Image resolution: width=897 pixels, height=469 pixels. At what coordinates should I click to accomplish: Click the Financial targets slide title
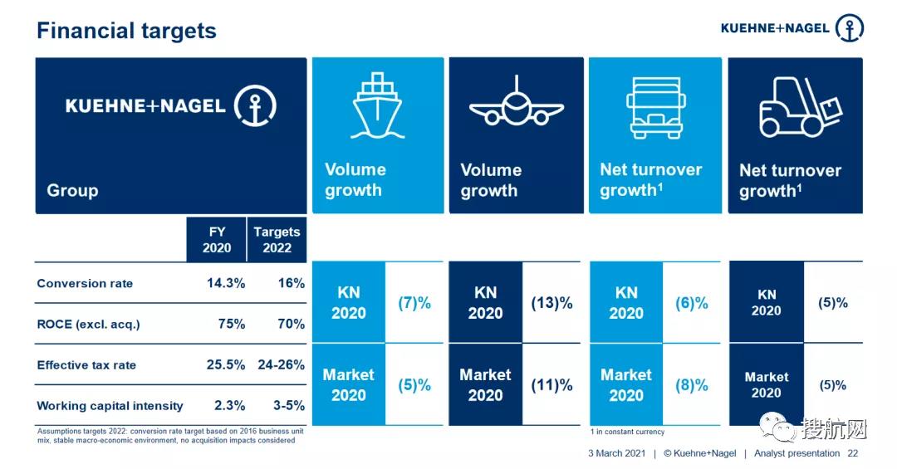click(x=126, y=32)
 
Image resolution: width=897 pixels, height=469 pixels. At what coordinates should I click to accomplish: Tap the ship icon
click(x=377, y=105)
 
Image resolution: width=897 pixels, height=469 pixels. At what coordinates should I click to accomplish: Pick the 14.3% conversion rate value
click(x=226, y=283)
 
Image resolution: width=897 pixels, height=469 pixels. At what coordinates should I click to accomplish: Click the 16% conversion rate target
click(x=291, y=283)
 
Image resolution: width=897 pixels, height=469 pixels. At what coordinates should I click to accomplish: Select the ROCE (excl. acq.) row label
click(x=88, y=324)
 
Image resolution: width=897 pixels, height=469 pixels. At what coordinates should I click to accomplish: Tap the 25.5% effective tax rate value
click(x=226, y=364)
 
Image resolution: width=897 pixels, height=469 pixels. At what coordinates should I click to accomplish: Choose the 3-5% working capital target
click(x=288, y=406)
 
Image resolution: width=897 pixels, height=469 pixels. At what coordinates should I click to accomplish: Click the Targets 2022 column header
click(x=277, y=240)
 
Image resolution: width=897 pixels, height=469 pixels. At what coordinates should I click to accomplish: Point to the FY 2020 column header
click(x=217, y=240)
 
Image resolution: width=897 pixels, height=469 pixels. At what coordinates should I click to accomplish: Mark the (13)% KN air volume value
click(x=552, y=303)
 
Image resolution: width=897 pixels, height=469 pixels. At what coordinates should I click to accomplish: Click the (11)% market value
click(x=552, y=385)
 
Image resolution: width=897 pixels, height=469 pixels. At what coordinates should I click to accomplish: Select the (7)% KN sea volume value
click(x=414, y=303)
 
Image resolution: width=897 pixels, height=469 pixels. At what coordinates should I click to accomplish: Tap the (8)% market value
click(x=692, y=385)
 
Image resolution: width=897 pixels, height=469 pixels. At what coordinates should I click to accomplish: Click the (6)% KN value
click(x=692, y=303)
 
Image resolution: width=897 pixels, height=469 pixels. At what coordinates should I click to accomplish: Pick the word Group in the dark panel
click(x=72, y=190)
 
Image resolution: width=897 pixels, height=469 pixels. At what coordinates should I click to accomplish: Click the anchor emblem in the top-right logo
click(x=849, y=27)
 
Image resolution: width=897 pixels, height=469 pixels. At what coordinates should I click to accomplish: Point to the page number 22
click(x=852, y=453)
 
